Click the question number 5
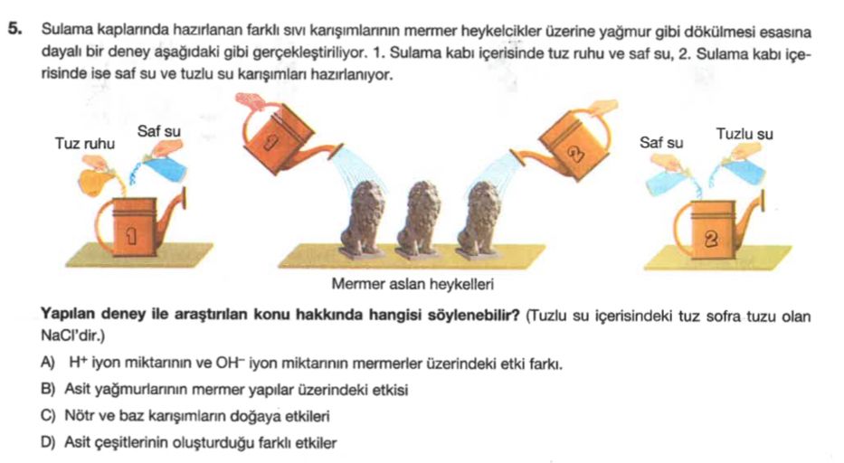tap(15, 30)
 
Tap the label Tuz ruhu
tap(84, 144)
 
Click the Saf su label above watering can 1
tap(159, 131)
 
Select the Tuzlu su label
tap(744, 134)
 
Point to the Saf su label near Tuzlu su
tap(661, 143)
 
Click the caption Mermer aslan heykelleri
tap(413, 284)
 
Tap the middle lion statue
tap(419, 219)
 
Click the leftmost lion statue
tap(364, 219)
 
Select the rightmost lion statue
tap(478, 219)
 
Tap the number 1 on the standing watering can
tap(131, 235)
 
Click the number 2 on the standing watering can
tap(712, 239)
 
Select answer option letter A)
tap(47, 363)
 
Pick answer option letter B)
tap(47, 389)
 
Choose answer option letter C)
tap(47, 416)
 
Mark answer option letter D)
tap(47, 443)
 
